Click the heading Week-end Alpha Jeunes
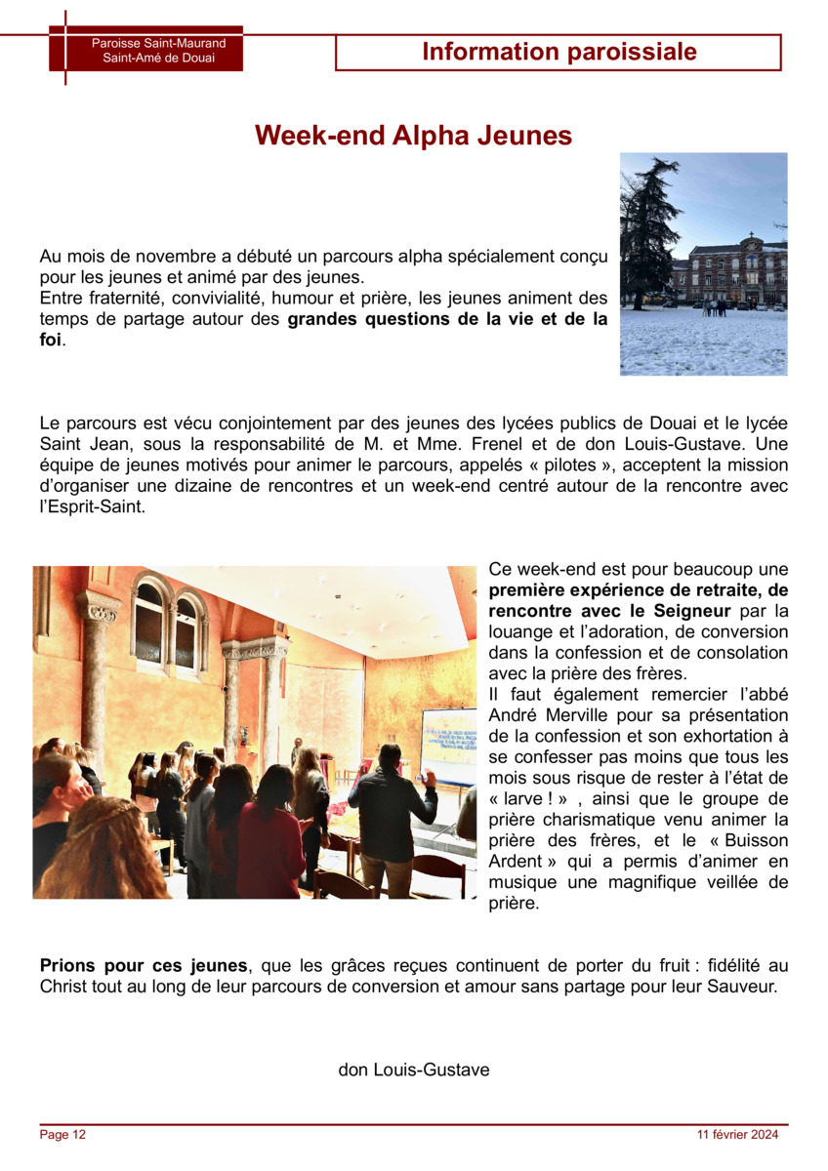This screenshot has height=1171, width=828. coord(413,136)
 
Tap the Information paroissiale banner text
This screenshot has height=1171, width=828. coord(559,53)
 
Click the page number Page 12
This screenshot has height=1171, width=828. coord(62,1135)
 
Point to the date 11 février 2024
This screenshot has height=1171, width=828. coord(737,1135)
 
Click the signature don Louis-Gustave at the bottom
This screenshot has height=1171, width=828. coord(413,1070)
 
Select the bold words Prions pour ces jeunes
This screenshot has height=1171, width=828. coord(144,966)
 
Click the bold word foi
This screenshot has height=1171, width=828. coord(50,341)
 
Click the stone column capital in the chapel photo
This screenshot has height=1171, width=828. coord(100,611)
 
